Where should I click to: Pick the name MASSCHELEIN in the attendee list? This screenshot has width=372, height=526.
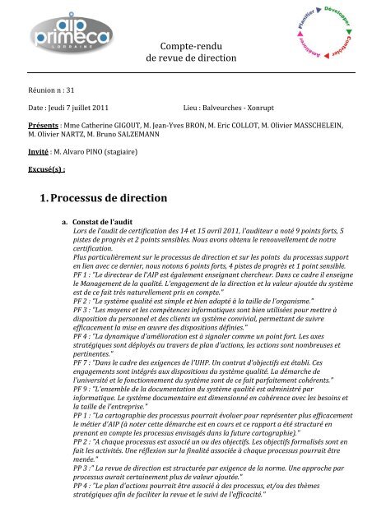[322, 128]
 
